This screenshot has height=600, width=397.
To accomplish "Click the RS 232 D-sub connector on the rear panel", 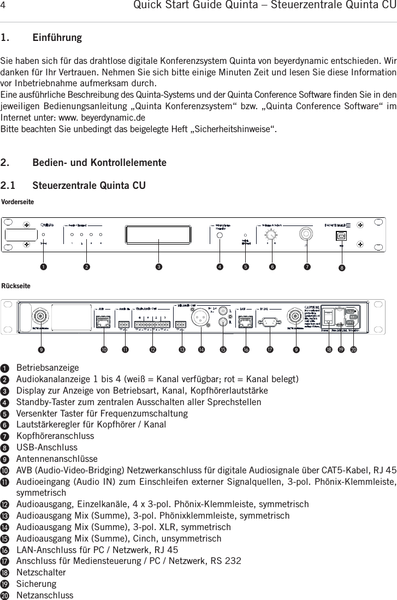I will point(268,322).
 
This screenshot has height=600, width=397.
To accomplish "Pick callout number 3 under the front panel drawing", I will point(158,266).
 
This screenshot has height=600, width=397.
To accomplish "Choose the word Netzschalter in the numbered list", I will point(41,572).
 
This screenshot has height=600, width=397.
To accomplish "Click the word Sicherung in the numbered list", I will point(36,583).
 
